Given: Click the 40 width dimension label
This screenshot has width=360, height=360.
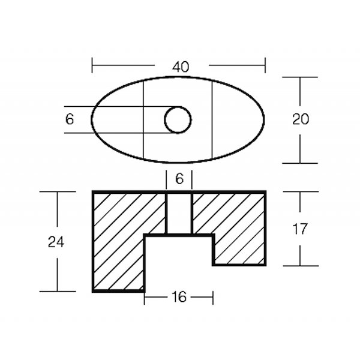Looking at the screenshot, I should pos(180,67).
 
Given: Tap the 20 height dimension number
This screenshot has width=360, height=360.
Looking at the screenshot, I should pos(301,119).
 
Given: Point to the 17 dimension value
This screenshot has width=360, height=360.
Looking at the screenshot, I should pos(301,229).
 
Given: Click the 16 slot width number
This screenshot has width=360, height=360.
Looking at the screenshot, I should pos(179,297).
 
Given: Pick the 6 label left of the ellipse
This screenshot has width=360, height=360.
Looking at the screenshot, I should pos(70,119).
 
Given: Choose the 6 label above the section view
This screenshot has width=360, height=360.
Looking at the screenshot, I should pos(179,178).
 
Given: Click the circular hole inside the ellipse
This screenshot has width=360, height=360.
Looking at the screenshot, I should pos(178,120).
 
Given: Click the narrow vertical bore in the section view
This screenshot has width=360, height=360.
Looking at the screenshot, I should pos(178,213).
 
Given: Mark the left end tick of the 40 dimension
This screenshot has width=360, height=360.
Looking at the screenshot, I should pos(92,65).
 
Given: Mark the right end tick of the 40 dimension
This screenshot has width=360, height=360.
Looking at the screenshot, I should pos(265,65).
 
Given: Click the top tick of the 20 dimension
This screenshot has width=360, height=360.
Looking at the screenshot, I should pos(300,77).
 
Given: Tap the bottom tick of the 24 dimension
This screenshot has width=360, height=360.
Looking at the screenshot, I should pos(58,292).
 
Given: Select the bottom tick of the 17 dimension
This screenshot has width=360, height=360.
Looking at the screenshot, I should pos(300,266).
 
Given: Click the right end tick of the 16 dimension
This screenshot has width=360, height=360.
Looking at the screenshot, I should pos(213,297).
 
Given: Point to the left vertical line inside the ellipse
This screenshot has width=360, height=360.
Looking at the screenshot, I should pos(144,120).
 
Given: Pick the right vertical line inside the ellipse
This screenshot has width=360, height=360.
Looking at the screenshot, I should pos(213,120).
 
